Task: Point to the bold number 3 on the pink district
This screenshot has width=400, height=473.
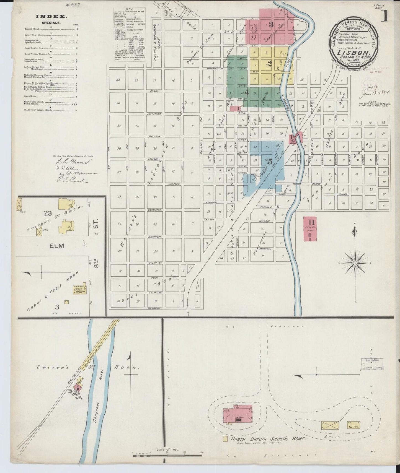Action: pos(271,25)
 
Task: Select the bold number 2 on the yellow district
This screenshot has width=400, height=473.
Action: pos(269,64)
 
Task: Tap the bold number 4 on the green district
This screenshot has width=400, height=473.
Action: pos(247,93)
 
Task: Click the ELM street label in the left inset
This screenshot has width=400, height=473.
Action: pos(57,246)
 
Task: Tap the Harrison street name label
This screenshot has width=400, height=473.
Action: pos(154,237)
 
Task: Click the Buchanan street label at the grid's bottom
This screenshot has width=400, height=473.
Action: pos(154,308)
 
